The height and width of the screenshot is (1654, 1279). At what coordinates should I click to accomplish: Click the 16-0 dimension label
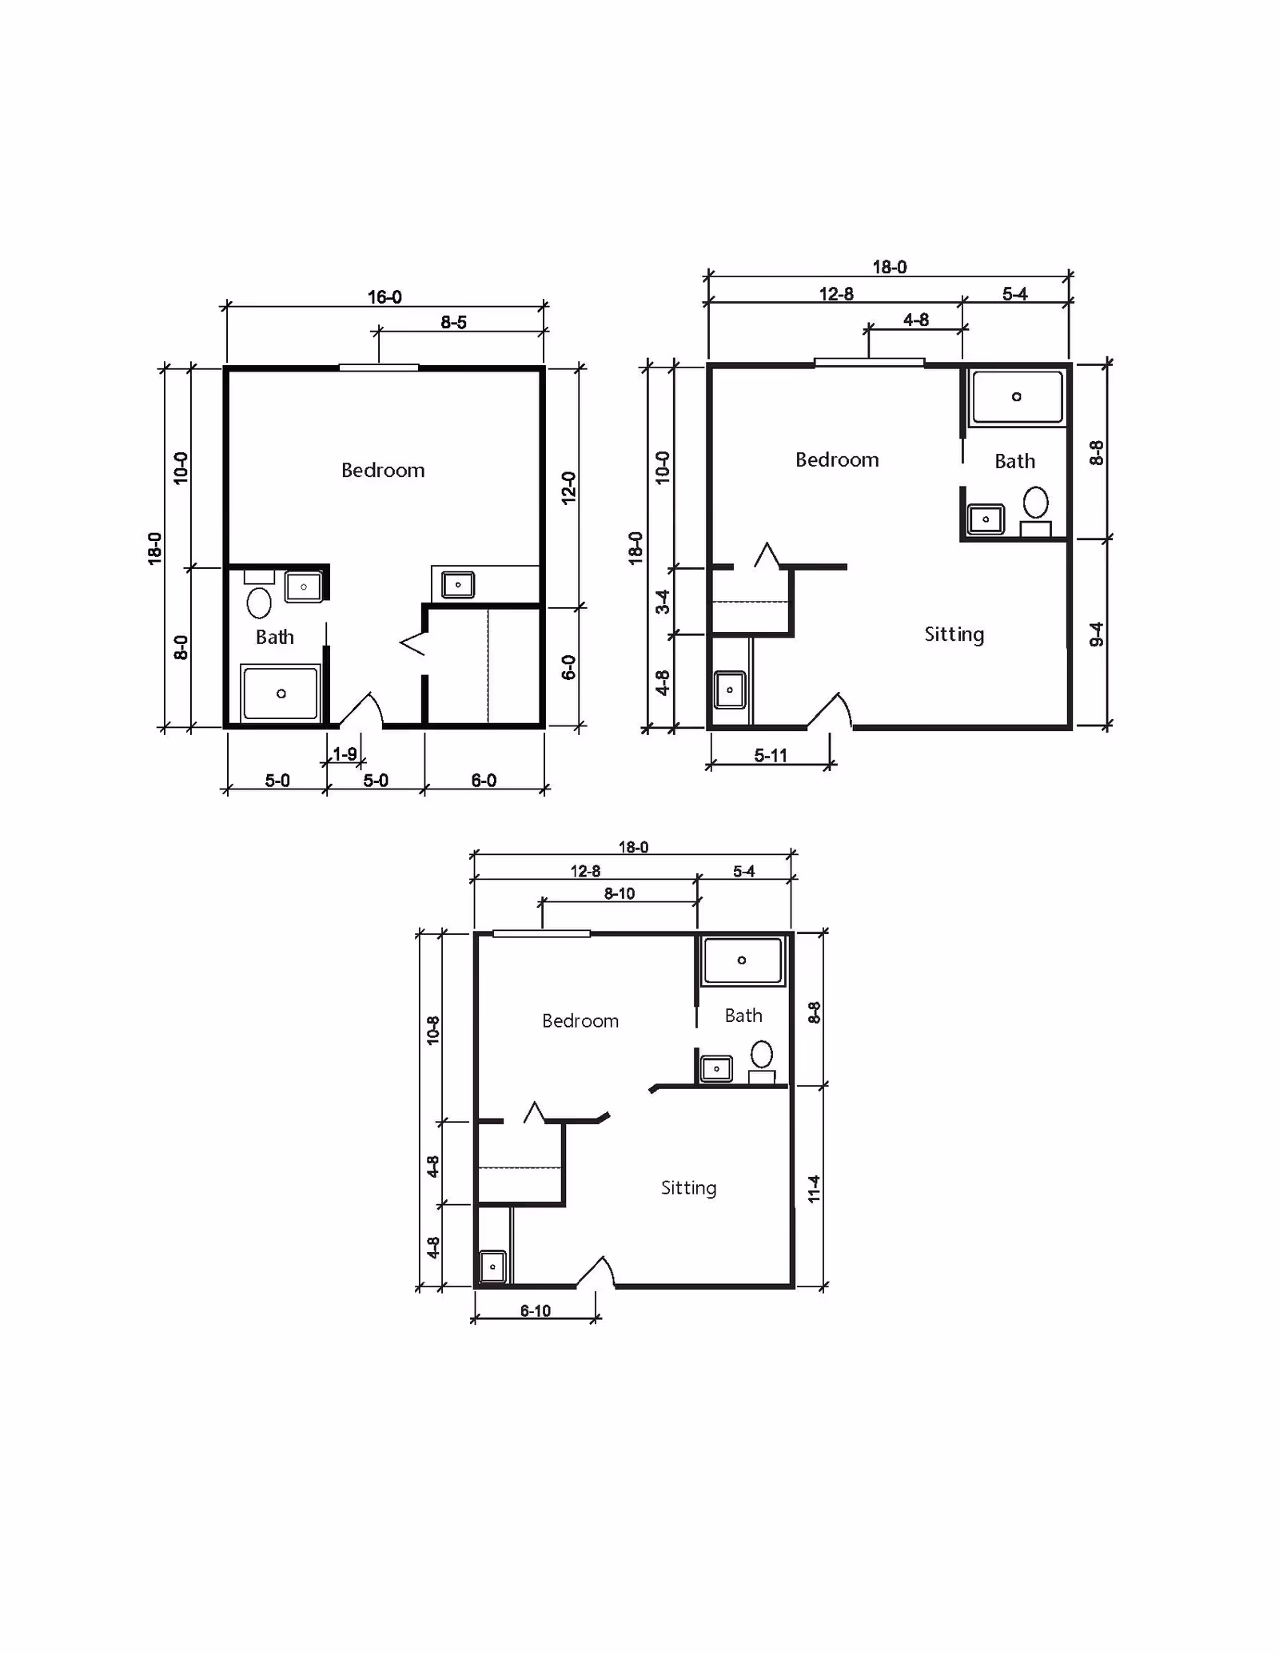384,297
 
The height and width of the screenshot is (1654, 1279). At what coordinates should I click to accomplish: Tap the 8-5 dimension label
453,323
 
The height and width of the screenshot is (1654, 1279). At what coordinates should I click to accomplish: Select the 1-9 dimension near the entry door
345,754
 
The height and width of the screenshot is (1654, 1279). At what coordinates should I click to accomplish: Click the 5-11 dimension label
771,756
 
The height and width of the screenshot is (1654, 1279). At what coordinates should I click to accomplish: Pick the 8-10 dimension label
620,894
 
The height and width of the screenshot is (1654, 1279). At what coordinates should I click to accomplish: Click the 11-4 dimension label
815,1189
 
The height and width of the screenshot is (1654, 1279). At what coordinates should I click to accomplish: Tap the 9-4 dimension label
1097,635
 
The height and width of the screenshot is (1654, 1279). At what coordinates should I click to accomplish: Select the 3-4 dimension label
663,602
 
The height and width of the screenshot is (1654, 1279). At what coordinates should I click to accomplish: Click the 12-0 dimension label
568,487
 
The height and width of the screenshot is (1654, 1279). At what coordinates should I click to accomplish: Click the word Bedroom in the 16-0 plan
383,471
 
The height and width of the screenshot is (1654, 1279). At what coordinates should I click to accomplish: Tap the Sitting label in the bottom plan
688,1188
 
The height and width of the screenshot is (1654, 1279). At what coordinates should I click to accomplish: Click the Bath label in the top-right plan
1014,462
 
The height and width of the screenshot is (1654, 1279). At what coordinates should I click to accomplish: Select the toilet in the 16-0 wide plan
259,602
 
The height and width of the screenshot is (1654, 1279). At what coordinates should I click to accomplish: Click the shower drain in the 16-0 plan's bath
281,694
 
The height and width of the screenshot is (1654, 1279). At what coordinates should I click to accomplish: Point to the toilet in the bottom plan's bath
762,1054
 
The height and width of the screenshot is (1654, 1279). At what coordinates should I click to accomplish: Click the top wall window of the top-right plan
869,363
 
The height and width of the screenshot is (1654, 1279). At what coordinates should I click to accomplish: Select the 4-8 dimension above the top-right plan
916,320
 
